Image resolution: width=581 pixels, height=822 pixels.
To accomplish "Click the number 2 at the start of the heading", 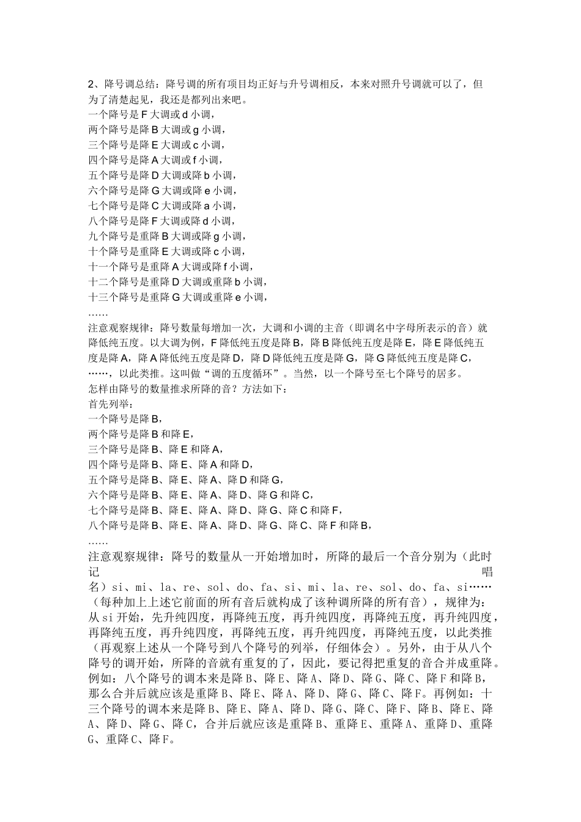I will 92,84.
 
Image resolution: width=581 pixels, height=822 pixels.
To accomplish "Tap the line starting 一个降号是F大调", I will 151,114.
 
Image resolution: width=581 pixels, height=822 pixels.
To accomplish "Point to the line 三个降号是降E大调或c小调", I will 157,145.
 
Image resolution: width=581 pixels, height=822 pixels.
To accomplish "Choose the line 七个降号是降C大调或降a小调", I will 162,206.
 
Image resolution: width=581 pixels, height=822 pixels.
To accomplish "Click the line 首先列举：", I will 111,404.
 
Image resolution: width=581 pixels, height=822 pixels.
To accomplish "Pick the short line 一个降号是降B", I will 125,419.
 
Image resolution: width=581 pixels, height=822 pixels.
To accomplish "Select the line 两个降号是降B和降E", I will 140,434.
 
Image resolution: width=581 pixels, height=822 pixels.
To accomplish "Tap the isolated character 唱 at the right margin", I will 487,572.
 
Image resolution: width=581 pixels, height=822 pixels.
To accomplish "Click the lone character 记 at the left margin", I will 94,572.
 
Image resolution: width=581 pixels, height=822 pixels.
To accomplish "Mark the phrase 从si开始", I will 117,618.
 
